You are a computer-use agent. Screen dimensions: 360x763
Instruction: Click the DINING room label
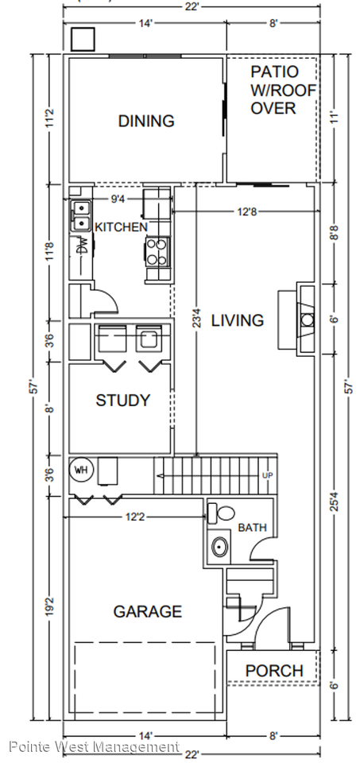[146, 121]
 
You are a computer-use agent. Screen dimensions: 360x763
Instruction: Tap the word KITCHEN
[121, 227]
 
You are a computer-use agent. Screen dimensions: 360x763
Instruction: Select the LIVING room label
[238, 320]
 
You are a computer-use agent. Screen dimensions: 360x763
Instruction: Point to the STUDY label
[122, 401]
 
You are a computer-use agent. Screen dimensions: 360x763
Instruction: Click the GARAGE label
[147, 611]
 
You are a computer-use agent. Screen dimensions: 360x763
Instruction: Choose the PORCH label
[274, 671]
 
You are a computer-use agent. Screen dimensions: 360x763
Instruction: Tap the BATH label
[252, 528]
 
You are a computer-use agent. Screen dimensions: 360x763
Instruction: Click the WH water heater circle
[81, 470]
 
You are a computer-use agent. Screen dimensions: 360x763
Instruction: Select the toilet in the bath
[222, 513]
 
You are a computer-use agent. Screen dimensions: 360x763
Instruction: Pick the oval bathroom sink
[220, 548]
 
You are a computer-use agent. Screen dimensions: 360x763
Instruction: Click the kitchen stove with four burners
[157, 251]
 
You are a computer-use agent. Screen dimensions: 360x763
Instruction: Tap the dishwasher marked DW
[82, 246]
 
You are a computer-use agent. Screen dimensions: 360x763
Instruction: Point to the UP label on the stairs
[267, 474]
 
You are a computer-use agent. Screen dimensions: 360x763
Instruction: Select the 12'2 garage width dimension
[135, 517]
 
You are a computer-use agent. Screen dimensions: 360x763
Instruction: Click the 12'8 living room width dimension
[246, 211]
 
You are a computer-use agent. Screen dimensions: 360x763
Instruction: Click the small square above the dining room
[83, 39]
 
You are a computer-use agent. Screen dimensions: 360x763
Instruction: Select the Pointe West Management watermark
[95, 746]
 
